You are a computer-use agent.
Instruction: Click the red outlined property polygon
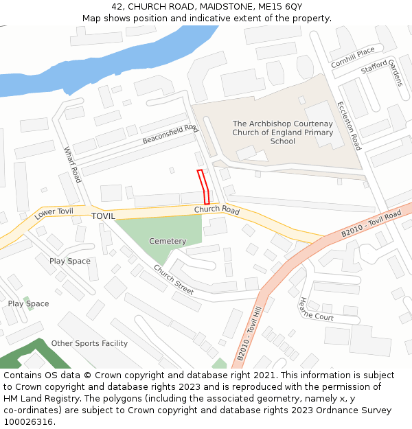(203, 186)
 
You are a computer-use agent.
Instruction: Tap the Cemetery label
(168, 242)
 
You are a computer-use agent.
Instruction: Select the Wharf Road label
(72, 165)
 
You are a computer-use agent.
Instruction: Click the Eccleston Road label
(348, 126)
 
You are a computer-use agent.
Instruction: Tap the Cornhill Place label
(353, 57)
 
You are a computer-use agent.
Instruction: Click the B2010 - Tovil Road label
(371, 225)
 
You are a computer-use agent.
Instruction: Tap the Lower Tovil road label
(54, 213)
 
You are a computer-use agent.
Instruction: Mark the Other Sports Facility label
(89, 343)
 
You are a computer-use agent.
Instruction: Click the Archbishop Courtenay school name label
(282, 132)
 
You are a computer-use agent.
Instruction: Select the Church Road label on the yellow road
(216, 210)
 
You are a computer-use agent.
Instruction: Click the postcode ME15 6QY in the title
(280, 6)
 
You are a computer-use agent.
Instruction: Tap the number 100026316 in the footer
(29, 422)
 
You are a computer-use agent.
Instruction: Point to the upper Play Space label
(69, 261)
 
